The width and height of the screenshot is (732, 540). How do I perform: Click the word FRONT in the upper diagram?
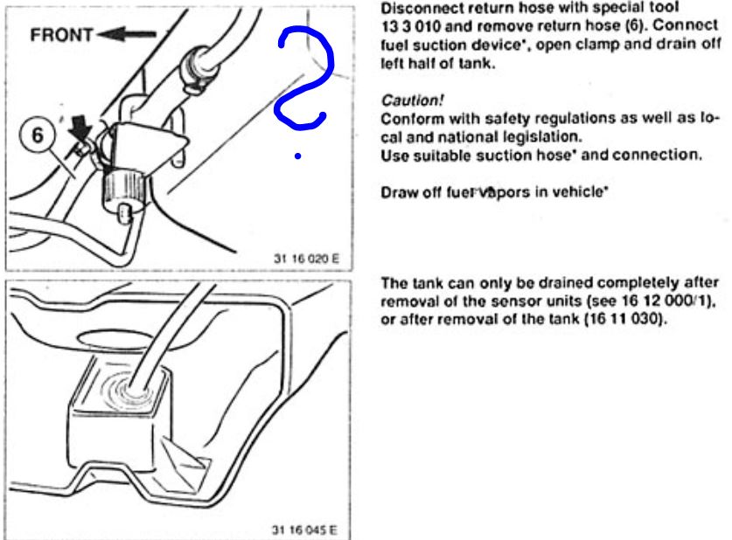tap(60, 36)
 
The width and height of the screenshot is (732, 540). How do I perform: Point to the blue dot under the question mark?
tap(298, 157)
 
